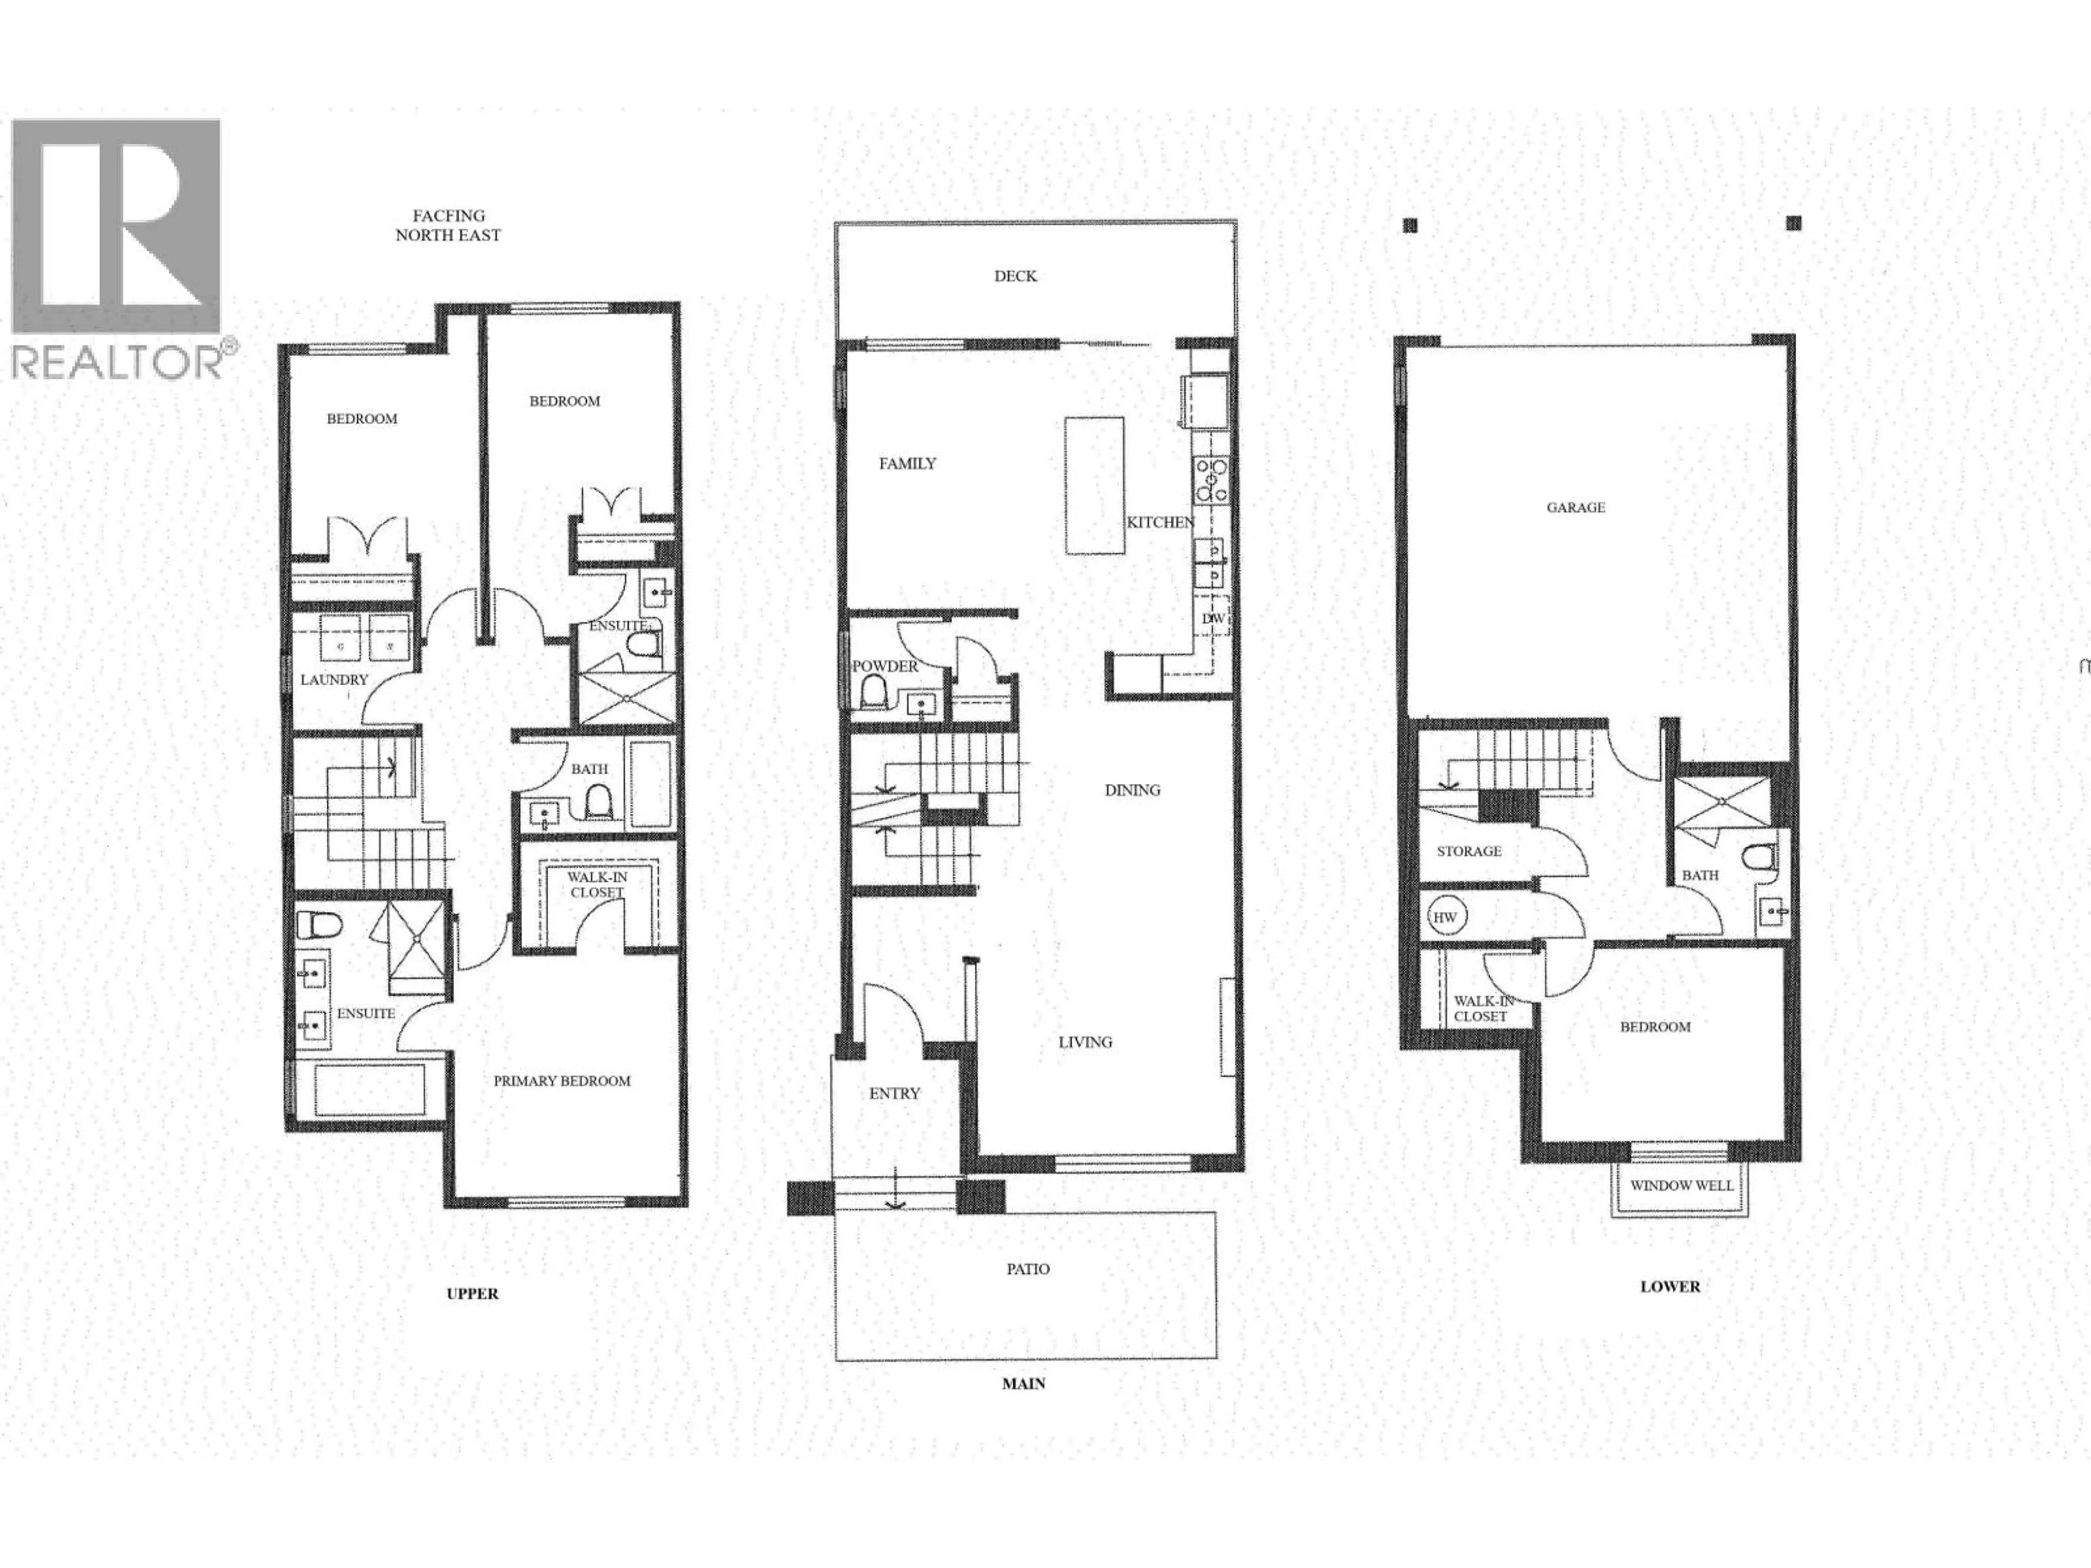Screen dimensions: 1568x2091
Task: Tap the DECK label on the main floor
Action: click(1015, 276)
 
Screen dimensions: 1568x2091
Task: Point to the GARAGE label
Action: click(1576, 507)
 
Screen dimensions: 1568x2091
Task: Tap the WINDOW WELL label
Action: click(1681, 1185)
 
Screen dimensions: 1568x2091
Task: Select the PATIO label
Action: click(1028, 1269)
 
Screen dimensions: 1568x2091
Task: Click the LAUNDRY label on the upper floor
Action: click(334, 679)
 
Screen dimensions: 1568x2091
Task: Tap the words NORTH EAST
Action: click(448, 235)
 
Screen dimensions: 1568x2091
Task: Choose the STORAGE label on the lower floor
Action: click(1469, 850)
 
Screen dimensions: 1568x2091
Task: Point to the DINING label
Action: click(1133, 790)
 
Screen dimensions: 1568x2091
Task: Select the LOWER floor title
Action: click(1670, 1287)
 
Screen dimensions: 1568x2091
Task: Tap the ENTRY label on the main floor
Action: click(894, 1094)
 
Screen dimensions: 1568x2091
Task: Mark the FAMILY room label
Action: click(908, 463)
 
